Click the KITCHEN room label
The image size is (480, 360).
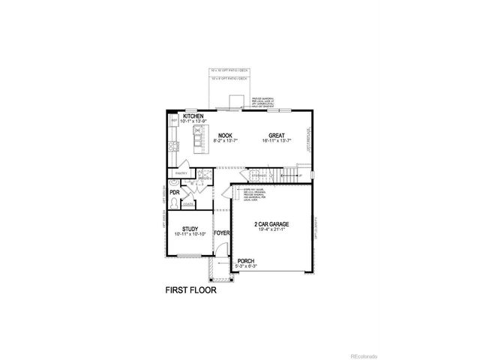[x=193, y=116]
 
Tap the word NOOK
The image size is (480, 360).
[x=225, y=136]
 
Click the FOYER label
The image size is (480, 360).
[x=222, y=233]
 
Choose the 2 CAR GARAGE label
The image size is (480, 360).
[x=270, y=224]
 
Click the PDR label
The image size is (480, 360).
[x=174, y=193]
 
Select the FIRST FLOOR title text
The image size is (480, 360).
[x=190, y=289]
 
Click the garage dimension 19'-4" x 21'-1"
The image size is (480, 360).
[x=271, y=231]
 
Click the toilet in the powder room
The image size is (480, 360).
[x=174, y=202]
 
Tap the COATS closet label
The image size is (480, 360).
[x=188, y=203]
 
